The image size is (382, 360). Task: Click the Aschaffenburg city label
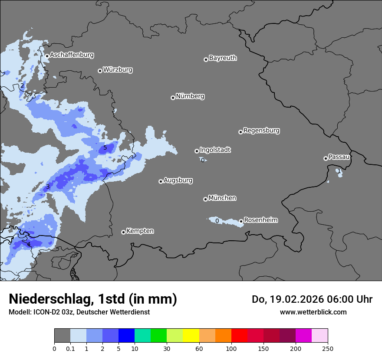coord(72,55)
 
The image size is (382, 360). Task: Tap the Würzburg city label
coord(118,70)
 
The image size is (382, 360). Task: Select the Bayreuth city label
coord(223,58)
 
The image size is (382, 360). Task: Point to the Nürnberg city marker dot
coord(173,98)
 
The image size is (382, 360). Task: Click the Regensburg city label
coord(261,131)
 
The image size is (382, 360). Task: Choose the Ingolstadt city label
coord(215,150)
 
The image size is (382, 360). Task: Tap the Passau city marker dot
coord(326,158)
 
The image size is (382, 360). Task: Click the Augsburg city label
coord(178,180)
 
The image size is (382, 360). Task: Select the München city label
coord(222,198)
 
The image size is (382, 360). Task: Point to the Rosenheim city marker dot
coord(241,221)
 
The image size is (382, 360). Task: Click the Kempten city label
coord(140,231)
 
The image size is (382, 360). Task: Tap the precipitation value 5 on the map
coord(105,148)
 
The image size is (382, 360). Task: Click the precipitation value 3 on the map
coord(48,187)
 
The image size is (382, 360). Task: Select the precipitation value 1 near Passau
coord(339,171)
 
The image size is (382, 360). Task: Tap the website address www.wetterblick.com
coord(313,312)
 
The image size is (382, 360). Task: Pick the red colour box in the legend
coord(239,336)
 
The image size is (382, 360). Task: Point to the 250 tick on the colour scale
coord(328,348)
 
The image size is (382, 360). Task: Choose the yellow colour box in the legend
coord(191,336)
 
